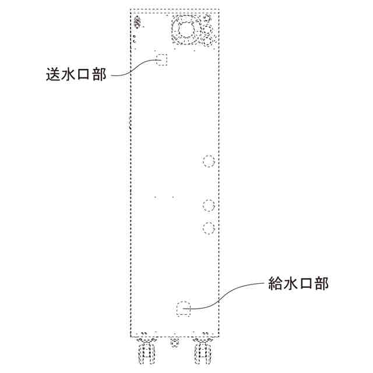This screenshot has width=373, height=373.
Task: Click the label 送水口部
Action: click(76, 76)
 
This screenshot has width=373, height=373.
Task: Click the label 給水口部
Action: click(298, 284)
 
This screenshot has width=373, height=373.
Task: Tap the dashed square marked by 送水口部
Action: click(161, 59)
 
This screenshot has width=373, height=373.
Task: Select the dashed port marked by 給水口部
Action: click(184, 308)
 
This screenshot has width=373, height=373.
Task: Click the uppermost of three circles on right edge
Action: click(209, 161)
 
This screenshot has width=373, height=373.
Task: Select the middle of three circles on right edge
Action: click(209, 205)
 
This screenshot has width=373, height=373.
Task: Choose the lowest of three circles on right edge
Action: click(209, 227)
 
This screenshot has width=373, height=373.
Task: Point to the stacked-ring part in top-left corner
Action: click(138, 23)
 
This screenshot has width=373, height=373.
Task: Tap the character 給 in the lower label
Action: click(275, 284)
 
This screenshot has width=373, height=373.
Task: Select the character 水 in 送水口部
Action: click(69, 76)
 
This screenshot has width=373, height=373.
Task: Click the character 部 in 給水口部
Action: click(322, 284)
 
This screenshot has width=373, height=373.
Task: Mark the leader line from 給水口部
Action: click(233, 294)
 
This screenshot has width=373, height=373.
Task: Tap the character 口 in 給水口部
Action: click(306, 284)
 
